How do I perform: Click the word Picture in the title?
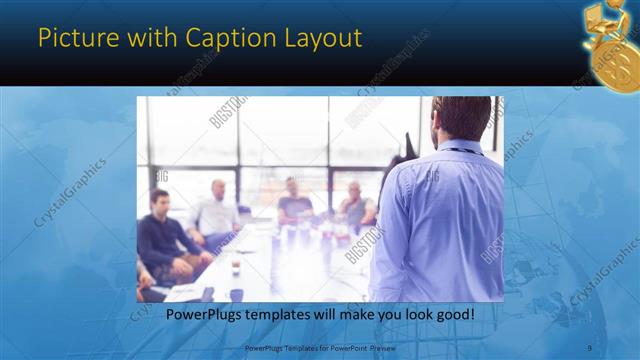(x=73, y=38)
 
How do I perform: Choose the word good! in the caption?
(x=454, y=314)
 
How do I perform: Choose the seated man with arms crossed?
(x=355, y=206)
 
